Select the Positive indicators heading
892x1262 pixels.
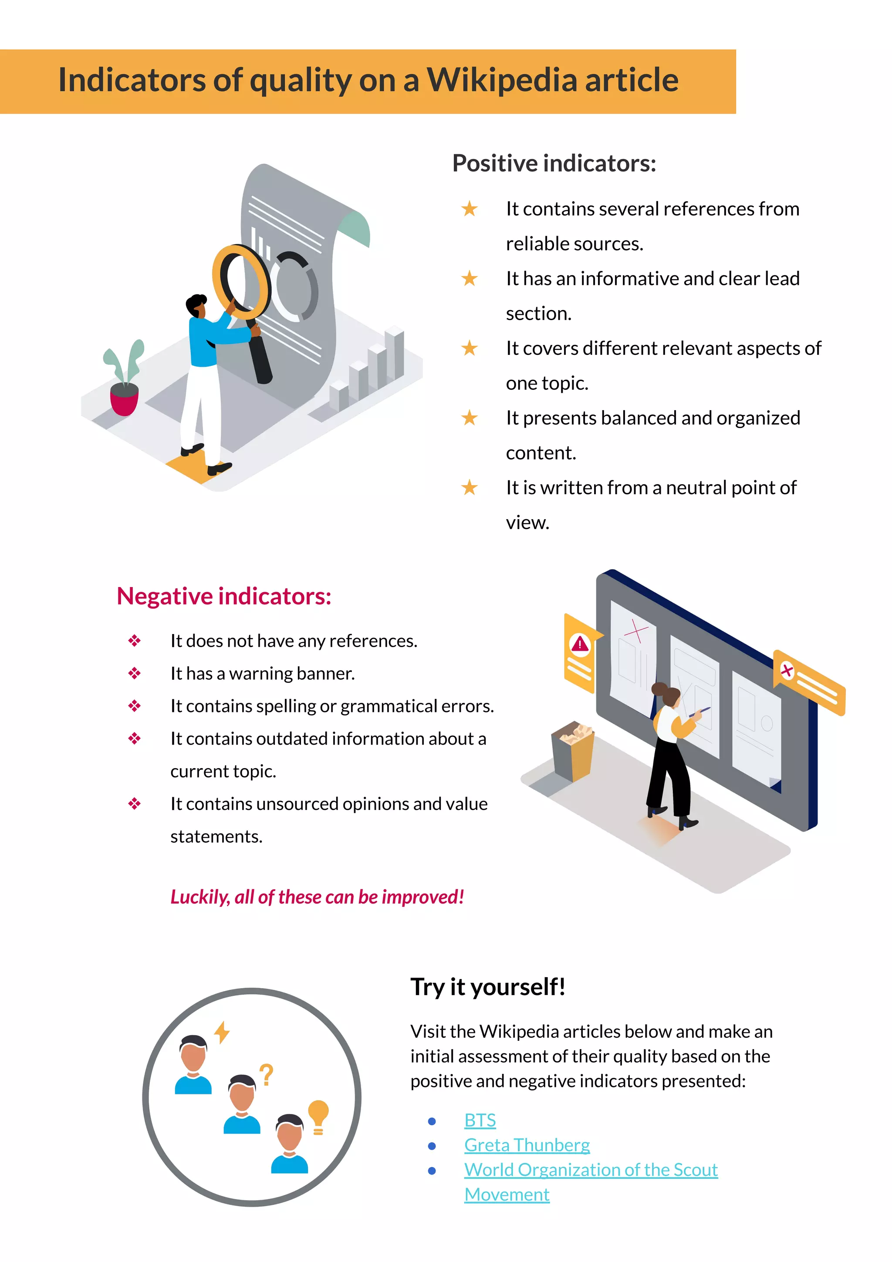point(554,163)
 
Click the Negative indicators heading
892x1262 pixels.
point(224,596)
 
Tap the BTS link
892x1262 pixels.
point(480,1120)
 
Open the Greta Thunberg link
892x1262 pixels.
point(527,1145)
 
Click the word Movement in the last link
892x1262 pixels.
point(507,1195)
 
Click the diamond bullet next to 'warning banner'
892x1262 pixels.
point(135,673)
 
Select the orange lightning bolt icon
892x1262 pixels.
point(222,1032)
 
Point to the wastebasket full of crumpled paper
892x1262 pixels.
point(573,751)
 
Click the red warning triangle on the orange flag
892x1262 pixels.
point(580,643)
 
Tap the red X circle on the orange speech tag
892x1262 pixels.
point(787,671)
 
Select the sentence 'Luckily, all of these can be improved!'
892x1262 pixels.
point(317,897)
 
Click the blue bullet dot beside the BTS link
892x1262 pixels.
point(432,1121)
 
